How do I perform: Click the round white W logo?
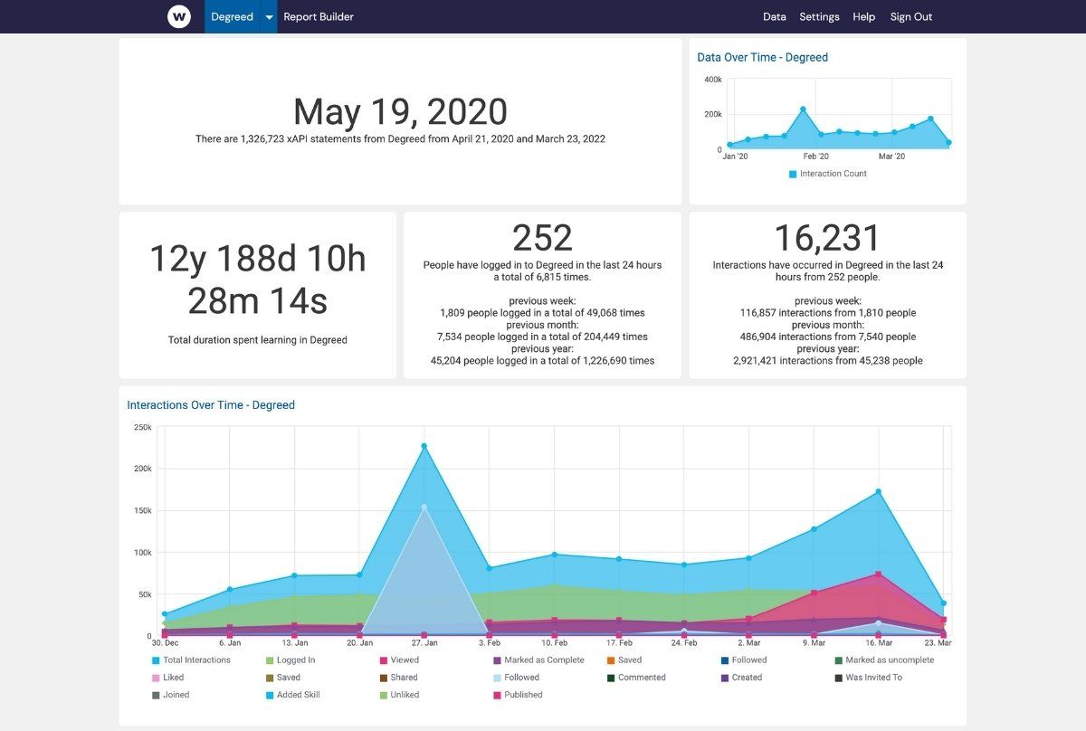[x=179, y=16]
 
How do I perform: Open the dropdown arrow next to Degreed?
[x=269, y=17]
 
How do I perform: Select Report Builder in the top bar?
[x=319, y=16]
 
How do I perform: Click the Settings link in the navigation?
[x=819, y=16]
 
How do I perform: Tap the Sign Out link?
[x=910, y=16]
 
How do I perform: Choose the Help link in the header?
[x=863, y=16]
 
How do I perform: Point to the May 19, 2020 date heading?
[x=400, y=112]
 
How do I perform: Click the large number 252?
[x=542, y=238]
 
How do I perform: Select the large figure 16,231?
[x=827, y=238]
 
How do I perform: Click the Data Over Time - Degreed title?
[x=762, y=57]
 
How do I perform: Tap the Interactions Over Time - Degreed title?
[x=211, y=405]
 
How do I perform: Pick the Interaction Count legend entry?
[x=833, y=174]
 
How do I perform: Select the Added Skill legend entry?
[x=292, y=695]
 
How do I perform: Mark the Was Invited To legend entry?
[x=873, y=678]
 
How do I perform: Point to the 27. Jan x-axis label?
[x=424, y=642]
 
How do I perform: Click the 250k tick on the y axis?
[x=142, y=427]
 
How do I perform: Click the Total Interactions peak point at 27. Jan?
[x=424, y=446]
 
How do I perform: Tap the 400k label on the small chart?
[x=712, y=80]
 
